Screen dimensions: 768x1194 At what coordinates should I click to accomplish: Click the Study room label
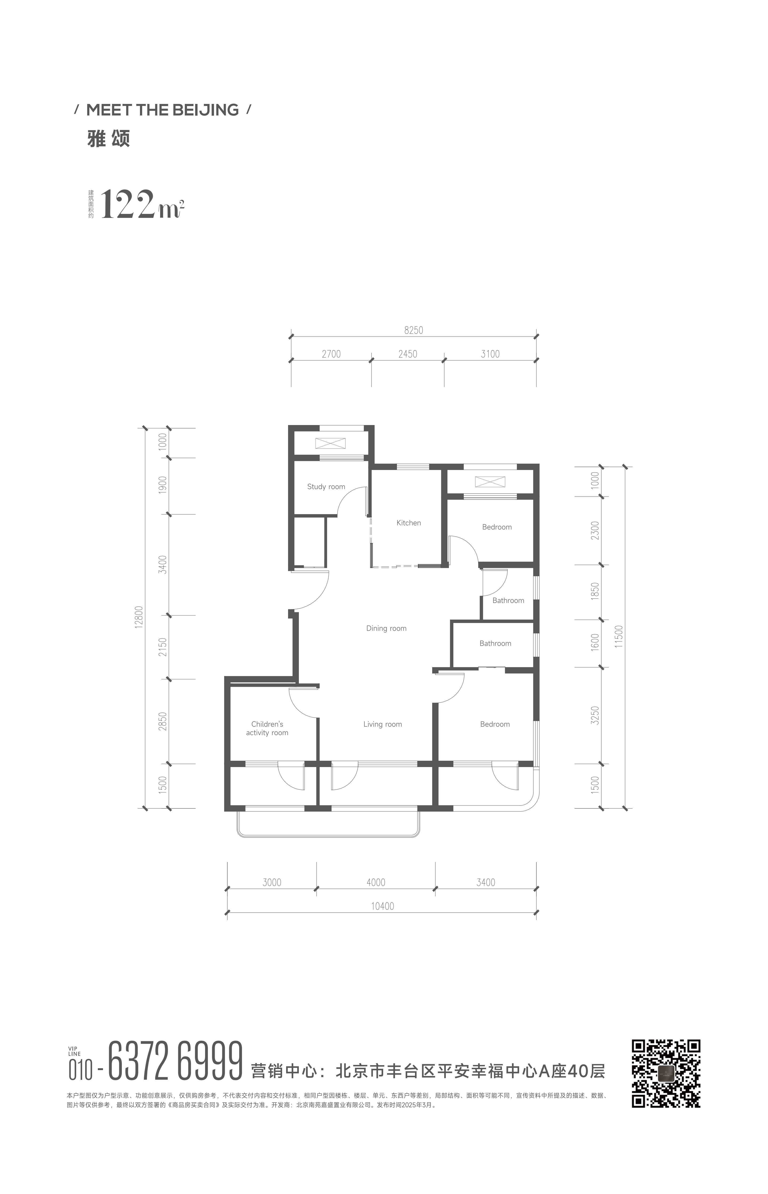[x=326, y=487]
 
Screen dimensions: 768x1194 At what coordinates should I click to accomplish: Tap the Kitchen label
[x=408, y=522]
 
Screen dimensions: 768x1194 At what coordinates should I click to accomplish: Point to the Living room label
[x=383, y=724]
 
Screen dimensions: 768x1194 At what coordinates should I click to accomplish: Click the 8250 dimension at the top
[x=413, y=330]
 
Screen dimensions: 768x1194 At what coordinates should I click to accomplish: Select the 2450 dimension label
[x=408, y=354]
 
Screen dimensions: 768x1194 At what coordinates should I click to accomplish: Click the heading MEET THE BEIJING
[x=162, y=110]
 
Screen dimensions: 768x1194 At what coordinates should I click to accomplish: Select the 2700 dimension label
[x=331, y=354]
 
